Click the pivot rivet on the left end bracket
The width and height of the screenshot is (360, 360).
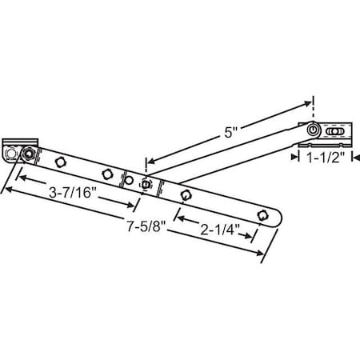click(29, 152)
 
